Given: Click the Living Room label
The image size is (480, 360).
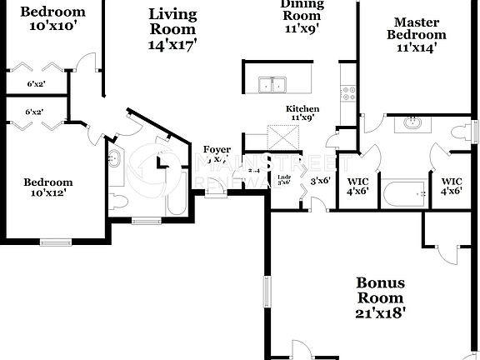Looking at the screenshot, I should (173, 29).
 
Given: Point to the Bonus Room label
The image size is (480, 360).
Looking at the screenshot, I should (381, 297).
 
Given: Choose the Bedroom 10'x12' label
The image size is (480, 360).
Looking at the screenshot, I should (47, 187).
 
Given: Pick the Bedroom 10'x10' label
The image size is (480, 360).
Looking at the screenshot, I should (52, 18).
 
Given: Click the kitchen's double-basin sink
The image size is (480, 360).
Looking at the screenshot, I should (272, 84).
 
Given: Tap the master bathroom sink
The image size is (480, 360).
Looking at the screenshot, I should (412, 124).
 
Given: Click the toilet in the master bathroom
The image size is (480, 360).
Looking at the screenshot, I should (460, 132).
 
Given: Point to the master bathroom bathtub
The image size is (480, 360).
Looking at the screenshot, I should (404, 193).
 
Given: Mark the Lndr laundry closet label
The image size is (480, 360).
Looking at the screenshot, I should (283, 180).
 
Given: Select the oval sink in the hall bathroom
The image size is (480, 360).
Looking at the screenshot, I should (115, 159).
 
